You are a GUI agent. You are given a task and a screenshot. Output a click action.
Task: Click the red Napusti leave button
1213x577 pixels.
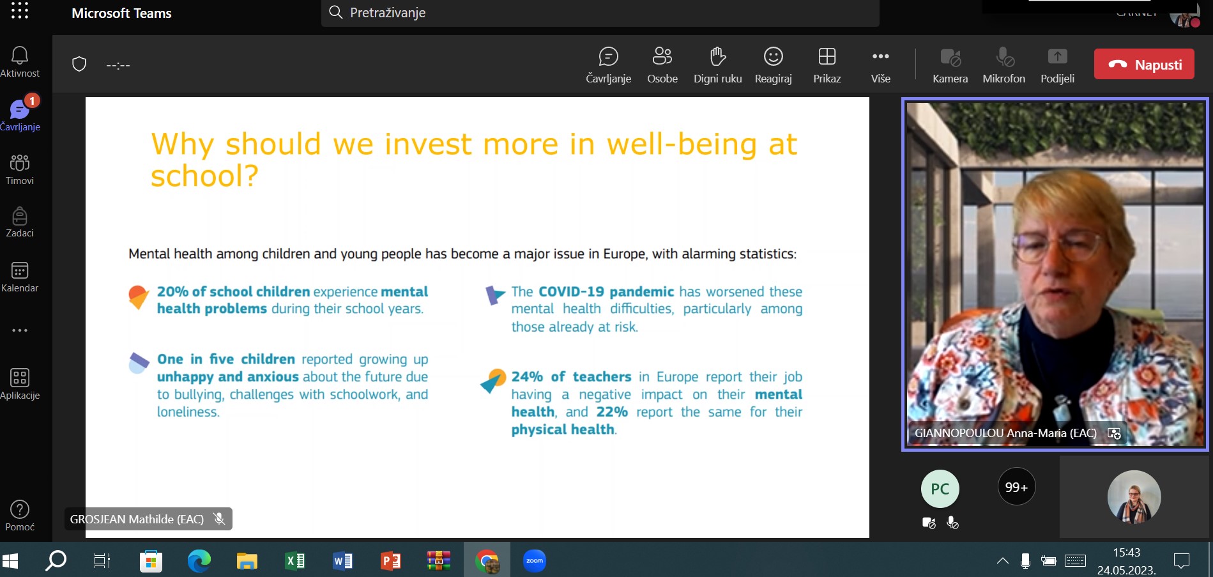(1144, 65)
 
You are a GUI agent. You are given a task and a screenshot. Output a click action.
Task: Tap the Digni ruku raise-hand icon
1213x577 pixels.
(718, 56)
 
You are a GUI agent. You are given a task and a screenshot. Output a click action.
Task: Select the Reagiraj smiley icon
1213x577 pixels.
(773, 56)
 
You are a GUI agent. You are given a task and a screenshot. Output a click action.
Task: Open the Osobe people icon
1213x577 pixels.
(662, 56)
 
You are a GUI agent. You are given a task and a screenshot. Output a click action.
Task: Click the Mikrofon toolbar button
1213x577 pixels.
(1004, 65)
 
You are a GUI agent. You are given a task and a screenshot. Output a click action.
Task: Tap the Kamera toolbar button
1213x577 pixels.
(950, 65)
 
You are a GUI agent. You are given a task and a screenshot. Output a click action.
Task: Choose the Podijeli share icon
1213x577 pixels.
(1058, 56)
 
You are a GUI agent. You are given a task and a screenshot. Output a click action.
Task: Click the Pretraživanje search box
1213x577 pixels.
(600, 13)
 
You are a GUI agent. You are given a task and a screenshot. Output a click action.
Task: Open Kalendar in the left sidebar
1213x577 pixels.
(20, 277)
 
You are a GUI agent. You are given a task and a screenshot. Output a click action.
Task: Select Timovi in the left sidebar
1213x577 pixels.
(20, 169)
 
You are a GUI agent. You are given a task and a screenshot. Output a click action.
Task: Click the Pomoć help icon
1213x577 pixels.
(20, 509)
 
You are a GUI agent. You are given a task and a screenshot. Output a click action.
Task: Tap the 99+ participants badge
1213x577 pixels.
(1016, 487)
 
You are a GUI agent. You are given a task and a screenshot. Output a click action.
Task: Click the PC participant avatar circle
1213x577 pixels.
(940, 489)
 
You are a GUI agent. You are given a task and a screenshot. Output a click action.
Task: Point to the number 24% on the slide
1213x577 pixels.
(527, 377)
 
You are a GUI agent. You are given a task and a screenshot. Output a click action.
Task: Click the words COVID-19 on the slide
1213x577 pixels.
(571, 292)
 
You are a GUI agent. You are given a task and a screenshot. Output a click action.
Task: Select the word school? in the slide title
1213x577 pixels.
(204, 176)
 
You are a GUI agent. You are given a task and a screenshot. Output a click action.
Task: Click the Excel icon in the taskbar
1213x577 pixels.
(294, 561)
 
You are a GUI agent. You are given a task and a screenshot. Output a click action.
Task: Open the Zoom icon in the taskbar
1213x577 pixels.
(535, 561)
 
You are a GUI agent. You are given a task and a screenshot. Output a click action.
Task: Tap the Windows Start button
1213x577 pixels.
(10, 561)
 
